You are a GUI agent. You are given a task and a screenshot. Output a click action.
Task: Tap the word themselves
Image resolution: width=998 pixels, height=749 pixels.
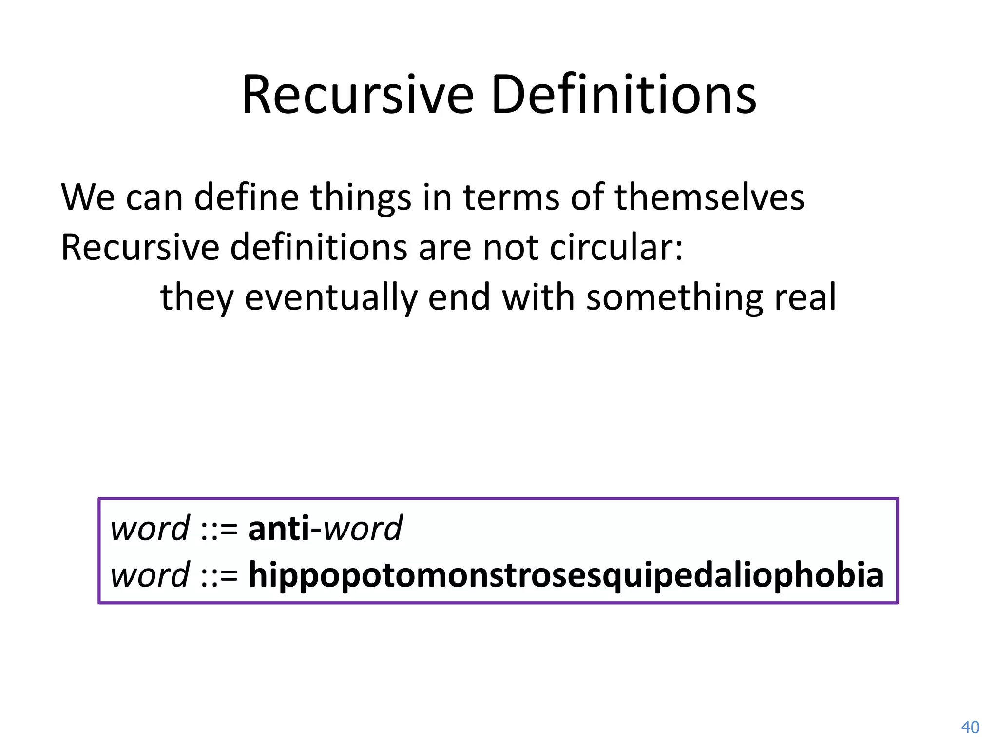click(x=709, y=197)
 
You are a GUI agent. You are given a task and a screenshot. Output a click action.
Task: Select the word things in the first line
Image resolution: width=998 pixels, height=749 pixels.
click(x=361, y=197)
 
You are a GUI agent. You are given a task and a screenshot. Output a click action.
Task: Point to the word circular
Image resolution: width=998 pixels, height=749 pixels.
click(x=616, y=247)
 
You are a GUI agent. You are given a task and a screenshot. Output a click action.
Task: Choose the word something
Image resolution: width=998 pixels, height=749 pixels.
click(x=674, y=297)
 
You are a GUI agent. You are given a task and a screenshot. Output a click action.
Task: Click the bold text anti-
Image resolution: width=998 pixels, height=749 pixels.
click(x=285, y=528)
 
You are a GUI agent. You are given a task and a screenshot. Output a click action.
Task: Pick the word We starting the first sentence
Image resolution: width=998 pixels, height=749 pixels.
click(x=88, y=197)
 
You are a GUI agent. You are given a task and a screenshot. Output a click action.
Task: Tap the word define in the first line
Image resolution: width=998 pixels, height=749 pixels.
click(x=246, y=197)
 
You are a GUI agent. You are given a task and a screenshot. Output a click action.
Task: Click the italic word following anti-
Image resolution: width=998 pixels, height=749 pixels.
click(x=363, y=528)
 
